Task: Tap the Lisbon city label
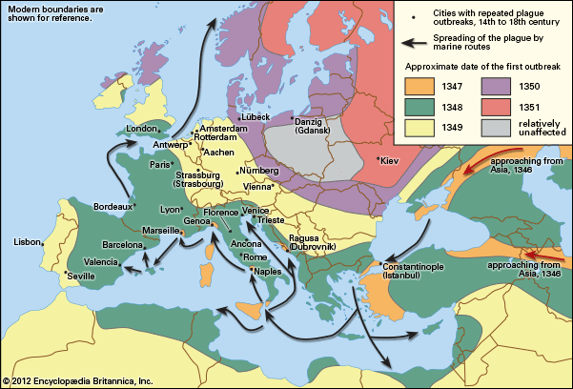coord(26,242)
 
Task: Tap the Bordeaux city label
coord(113,207)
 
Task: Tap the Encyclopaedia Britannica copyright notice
coord(78,380)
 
